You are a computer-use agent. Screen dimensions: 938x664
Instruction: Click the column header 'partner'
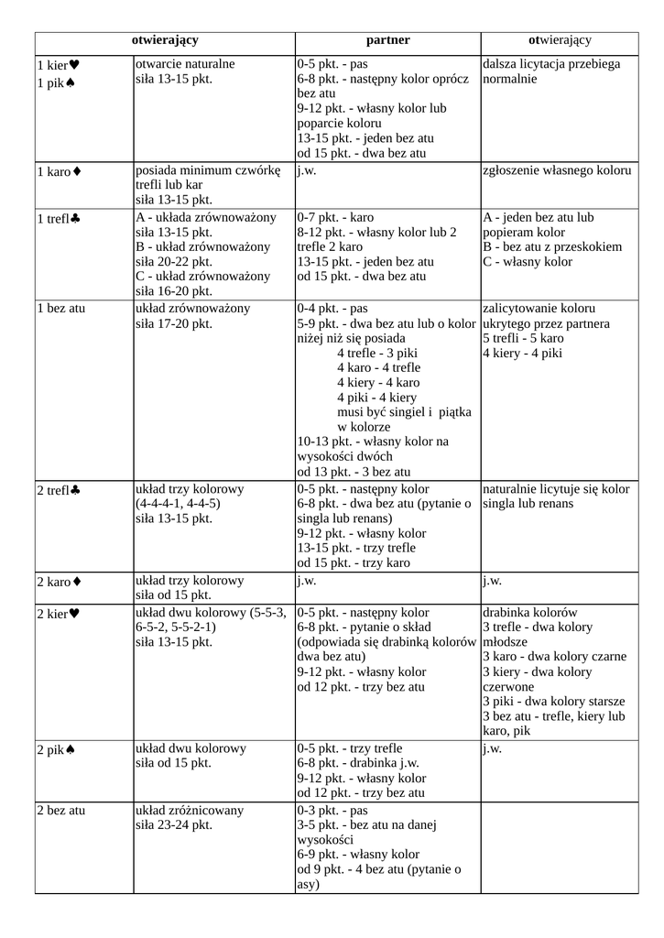coord(387,40)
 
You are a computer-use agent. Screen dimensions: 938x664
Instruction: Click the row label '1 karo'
coord(54,171)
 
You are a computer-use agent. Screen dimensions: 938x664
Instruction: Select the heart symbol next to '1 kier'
coord(74,65)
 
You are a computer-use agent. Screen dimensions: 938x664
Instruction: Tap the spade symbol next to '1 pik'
coord(71,83)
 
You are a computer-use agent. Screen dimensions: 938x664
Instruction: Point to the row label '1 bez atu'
coord(60,308)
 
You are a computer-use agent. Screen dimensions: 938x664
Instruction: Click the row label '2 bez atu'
coord(60,810)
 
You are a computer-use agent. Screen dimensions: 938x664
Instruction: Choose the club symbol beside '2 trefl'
coord(75,491)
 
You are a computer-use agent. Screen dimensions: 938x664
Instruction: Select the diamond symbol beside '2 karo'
coord(77,582)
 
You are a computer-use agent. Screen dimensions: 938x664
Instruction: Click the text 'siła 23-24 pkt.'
coord(174,825)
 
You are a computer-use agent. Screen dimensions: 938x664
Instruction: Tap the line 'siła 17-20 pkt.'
coord(174,323)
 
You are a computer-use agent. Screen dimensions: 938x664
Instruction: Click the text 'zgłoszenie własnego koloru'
coord(557,171)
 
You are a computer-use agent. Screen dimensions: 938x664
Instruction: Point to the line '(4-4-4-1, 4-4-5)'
coord(178,504)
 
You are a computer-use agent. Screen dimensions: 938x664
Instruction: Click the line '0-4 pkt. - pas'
coord(332,308)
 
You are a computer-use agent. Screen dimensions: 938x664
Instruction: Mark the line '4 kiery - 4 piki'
coord(522,353)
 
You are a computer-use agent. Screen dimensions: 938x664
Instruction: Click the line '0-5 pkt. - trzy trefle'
coord(349,747)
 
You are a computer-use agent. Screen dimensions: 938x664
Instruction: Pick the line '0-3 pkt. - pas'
coord(332,810)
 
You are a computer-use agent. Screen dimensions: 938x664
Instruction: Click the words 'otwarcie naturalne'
coord(185,64)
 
